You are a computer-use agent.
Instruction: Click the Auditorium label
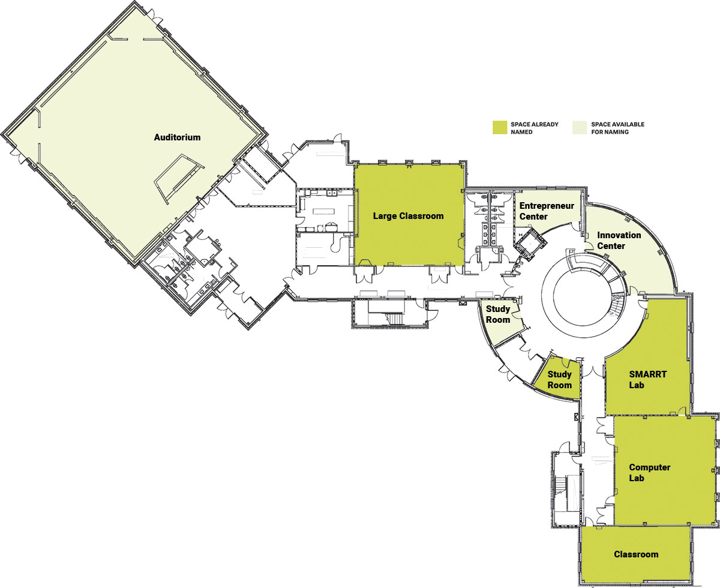(177, 137)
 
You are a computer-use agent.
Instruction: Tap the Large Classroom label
(409, 216)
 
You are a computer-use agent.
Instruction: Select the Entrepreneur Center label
(547, 211)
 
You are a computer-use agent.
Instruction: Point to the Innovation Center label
(619, 241)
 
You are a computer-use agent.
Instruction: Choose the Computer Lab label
(650, 473)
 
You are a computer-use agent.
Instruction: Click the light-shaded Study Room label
(498, 314)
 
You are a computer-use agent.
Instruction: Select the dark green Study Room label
(560, 379)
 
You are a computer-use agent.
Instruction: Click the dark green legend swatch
(500, 127)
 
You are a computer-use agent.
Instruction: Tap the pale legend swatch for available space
(580, 127)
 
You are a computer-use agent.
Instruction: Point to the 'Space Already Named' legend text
(534, 128)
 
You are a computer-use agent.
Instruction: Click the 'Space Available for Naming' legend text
(617, 128)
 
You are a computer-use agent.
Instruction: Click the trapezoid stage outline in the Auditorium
(179, 178)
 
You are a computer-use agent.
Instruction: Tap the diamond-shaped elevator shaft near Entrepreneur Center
(531, 244)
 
